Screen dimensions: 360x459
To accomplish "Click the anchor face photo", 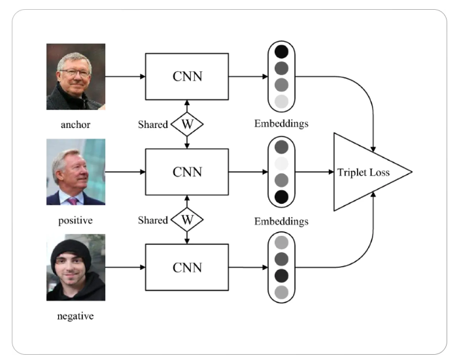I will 75,76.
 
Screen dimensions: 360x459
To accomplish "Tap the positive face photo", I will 75,172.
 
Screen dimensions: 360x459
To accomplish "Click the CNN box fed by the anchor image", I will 187,76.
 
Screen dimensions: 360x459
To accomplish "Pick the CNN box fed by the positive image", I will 187,172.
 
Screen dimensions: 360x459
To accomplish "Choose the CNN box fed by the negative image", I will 187,267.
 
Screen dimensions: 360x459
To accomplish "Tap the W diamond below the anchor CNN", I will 187,123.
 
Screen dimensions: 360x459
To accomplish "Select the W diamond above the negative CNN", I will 187,220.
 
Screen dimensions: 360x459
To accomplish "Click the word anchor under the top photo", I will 75,124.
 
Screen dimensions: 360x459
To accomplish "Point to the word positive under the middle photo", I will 75,220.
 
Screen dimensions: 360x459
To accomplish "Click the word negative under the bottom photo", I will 75,316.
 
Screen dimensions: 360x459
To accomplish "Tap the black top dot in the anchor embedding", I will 281,52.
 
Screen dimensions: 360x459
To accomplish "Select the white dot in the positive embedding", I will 281,163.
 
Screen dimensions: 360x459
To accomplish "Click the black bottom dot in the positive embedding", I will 281,197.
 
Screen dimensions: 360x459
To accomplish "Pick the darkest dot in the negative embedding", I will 281,275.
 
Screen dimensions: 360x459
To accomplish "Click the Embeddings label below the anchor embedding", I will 281,123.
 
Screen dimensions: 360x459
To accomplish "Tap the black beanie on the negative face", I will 75,249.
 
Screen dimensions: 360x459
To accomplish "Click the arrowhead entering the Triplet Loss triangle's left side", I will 330,172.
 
